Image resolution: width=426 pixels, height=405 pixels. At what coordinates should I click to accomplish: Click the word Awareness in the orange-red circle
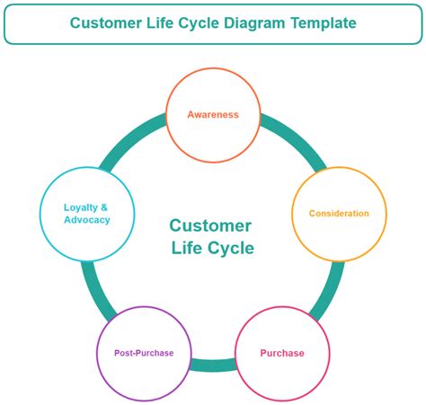click(213, 115)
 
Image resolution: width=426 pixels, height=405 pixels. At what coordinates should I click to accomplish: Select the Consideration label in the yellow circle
click(339, 214)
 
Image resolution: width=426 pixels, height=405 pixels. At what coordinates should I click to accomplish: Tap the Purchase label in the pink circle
click(282, 353)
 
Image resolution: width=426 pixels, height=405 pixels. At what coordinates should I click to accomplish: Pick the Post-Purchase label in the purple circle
click(144, 353)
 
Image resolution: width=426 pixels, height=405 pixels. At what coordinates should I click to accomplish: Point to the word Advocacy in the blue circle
click(87, 220)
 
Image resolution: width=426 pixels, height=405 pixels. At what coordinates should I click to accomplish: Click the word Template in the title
click(320, 23)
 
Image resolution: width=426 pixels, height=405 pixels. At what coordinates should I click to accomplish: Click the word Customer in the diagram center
click(210, 226)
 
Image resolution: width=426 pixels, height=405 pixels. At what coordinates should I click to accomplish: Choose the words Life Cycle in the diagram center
click(212, 249)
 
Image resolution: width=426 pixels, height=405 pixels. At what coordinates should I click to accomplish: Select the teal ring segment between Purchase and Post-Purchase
click(213, 365)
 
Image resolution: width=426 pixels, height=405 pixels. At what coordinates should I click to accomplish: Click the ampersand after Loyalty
click(105, 207)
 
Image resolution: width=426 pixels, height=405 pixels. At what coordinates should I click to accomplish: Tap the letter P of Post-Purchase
click(117, 353)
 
